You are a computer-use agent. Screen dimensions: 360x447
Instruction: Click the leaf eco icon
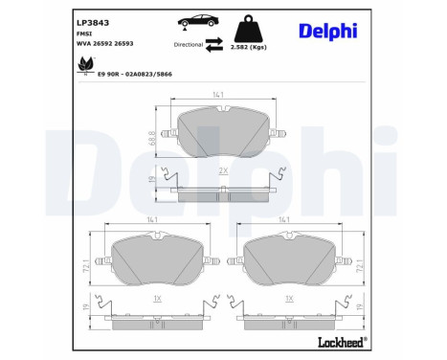point(83,65)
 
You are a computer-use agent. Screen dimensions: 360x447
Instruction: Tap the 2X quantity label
point(223,169)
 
